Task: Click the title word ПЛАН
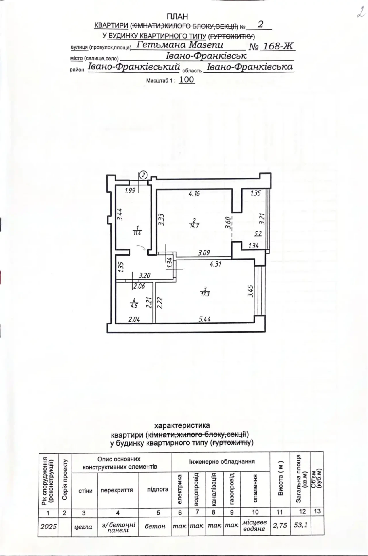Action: pos(177,17)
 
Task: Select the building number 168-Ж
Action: pos(278,46)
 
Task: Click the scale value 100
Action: pos(187,80)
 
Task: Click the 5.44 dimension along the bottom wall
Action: pos(205,319)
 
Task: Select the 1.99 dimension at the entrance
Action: pos(130,190)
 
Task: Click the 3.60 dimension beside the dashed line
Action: pos(228,223)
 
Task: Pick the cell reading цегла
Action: pos(83,527)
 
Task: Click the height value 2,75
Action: pos(280,525)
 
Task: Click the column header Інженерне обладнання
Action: pos(222,462)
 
